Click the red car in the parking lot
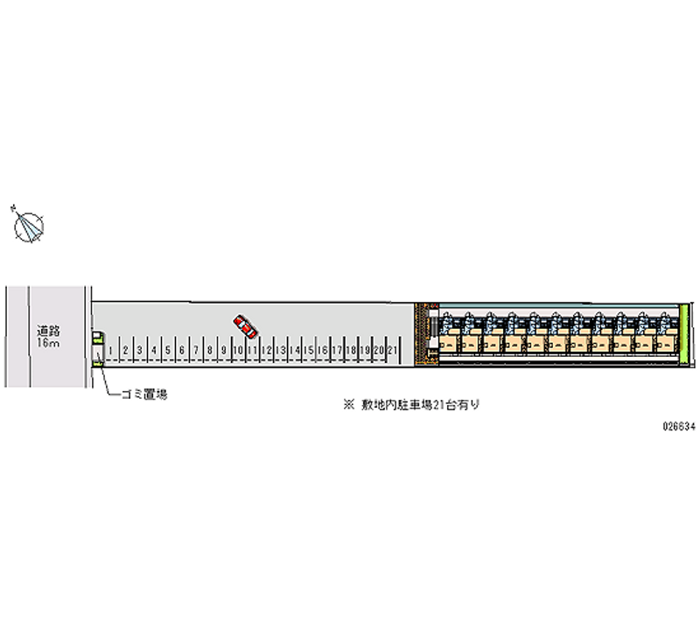click(x=246, y=326)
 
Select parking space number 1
click(x=111, y=350)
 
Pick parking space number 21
click(x=394, y=350)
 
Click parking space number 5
click(x=167, y=350)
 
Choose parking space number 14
click(x=295, y=350)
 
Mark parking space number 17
click(x=338, y=350)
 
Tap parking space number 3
click(x=139, y=350)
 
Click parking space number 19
click(x=366, y=350)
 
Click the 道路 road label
click(x=48, y=332)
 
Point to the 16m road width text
click(x=48, y=344)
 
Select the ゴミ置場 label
click(x=144, y=395)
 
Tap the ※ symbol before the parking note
click(x=347, y=405)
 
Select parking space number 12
click(x=267, y=350)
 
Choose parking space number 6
click(x=181, y=350)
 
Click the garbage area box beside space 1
click(x=97, y=347)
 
